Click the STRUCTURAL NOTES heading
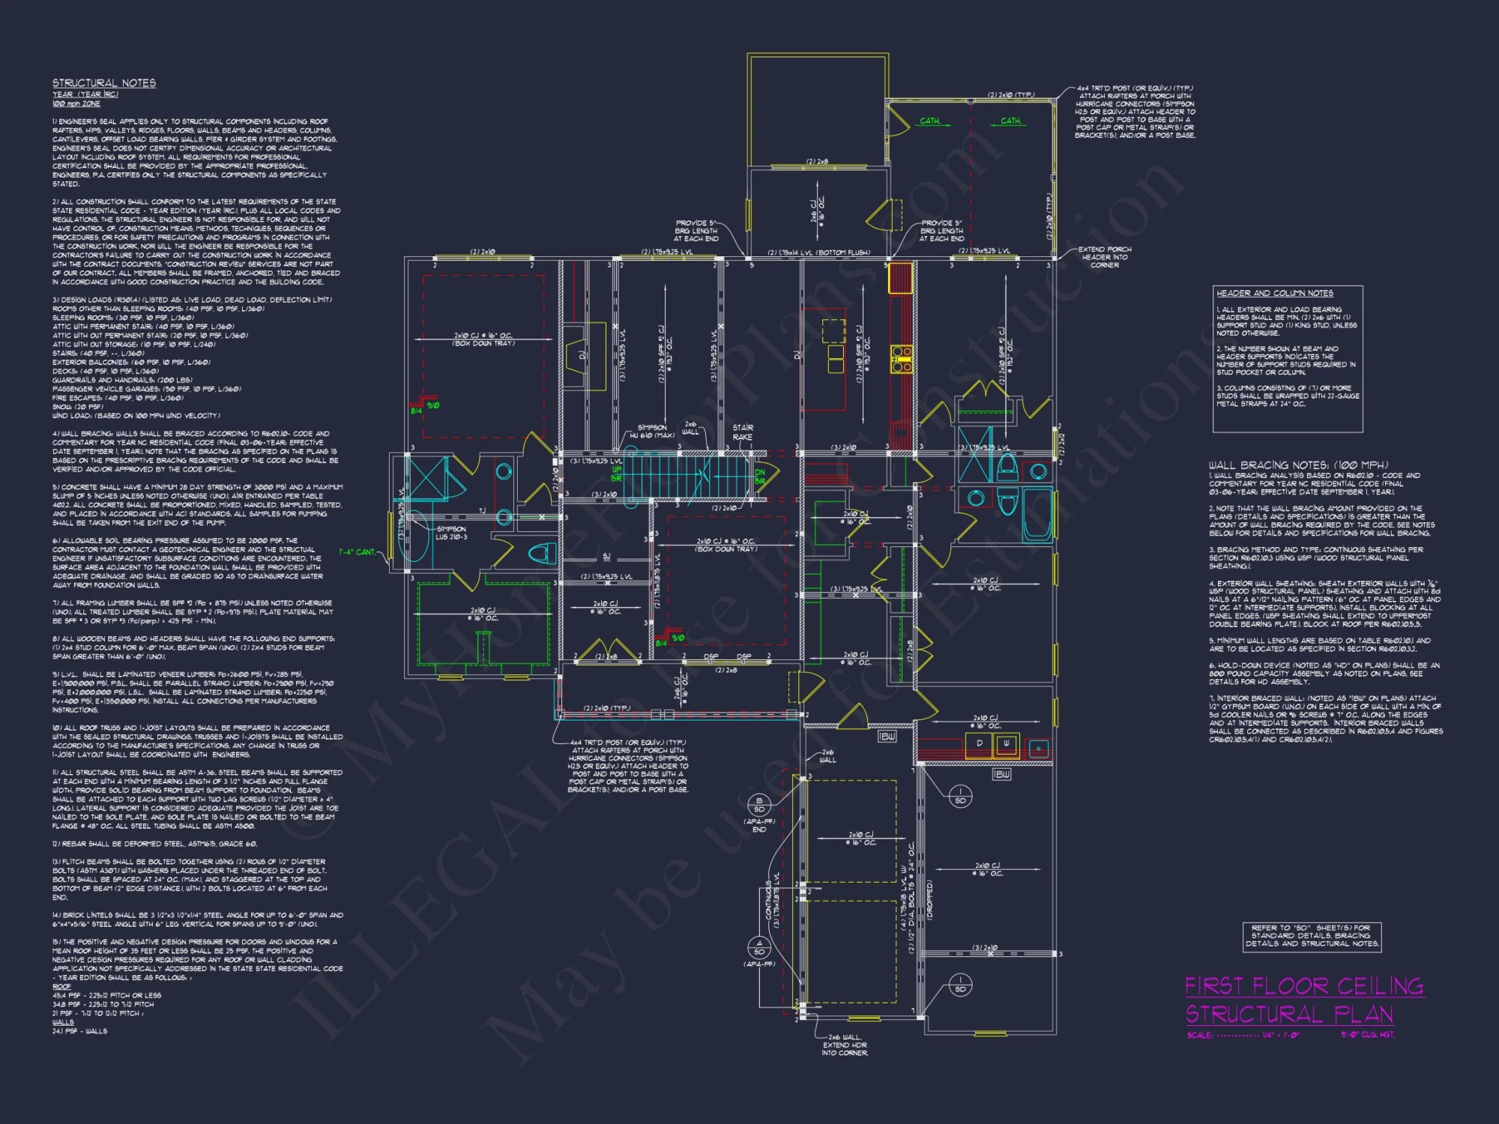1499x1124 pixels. pos(104,83)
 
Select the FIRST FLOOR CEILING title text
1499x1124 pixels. pos(1303,986)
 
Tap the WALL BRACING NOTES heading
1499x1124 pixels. pos(1298,465)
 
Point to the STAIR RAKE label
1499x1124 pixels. pos(743,432)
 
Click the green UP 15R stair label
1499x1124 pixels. pos(616,474)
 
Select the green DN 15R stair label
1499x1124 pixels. pos(760,477)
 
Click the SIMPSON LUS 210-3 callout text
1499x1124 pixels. pos(451,533)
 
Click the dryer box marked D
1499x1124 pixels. pos(979,744)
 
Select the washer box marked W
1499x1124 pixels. pos(1006,744)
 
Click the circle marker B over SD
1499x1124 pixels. pos(758,805)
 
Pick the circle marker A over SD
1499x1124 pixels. pos(758,947)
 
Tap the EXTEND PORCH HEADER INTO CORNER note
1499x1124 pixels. pos(1104,257)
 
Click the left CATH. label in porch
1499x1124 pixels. pos(929,121)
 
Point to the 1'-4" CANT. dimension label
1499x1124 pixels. pos(357,552)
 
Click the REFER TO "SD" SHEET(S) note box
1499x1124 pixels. pos(1311,936)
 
